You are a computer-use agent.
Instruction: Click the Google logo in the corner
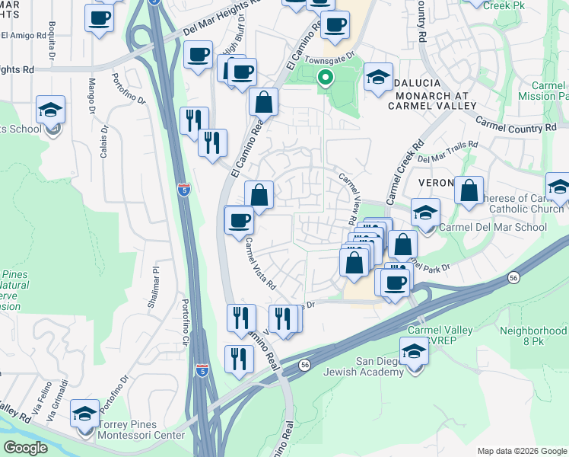(26, 448)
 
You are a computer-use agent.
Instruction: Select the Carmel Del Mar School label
(493, 227)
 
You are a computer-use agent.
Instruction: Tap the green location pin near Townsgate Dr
(326, 77)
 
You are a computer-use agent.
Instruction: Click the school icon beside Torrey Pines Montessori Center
(85, 415)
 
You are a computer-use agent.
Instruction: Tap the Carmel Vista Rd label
(260, 264)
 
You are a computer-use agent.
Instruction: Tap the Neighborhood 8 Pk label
(532, 337)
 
